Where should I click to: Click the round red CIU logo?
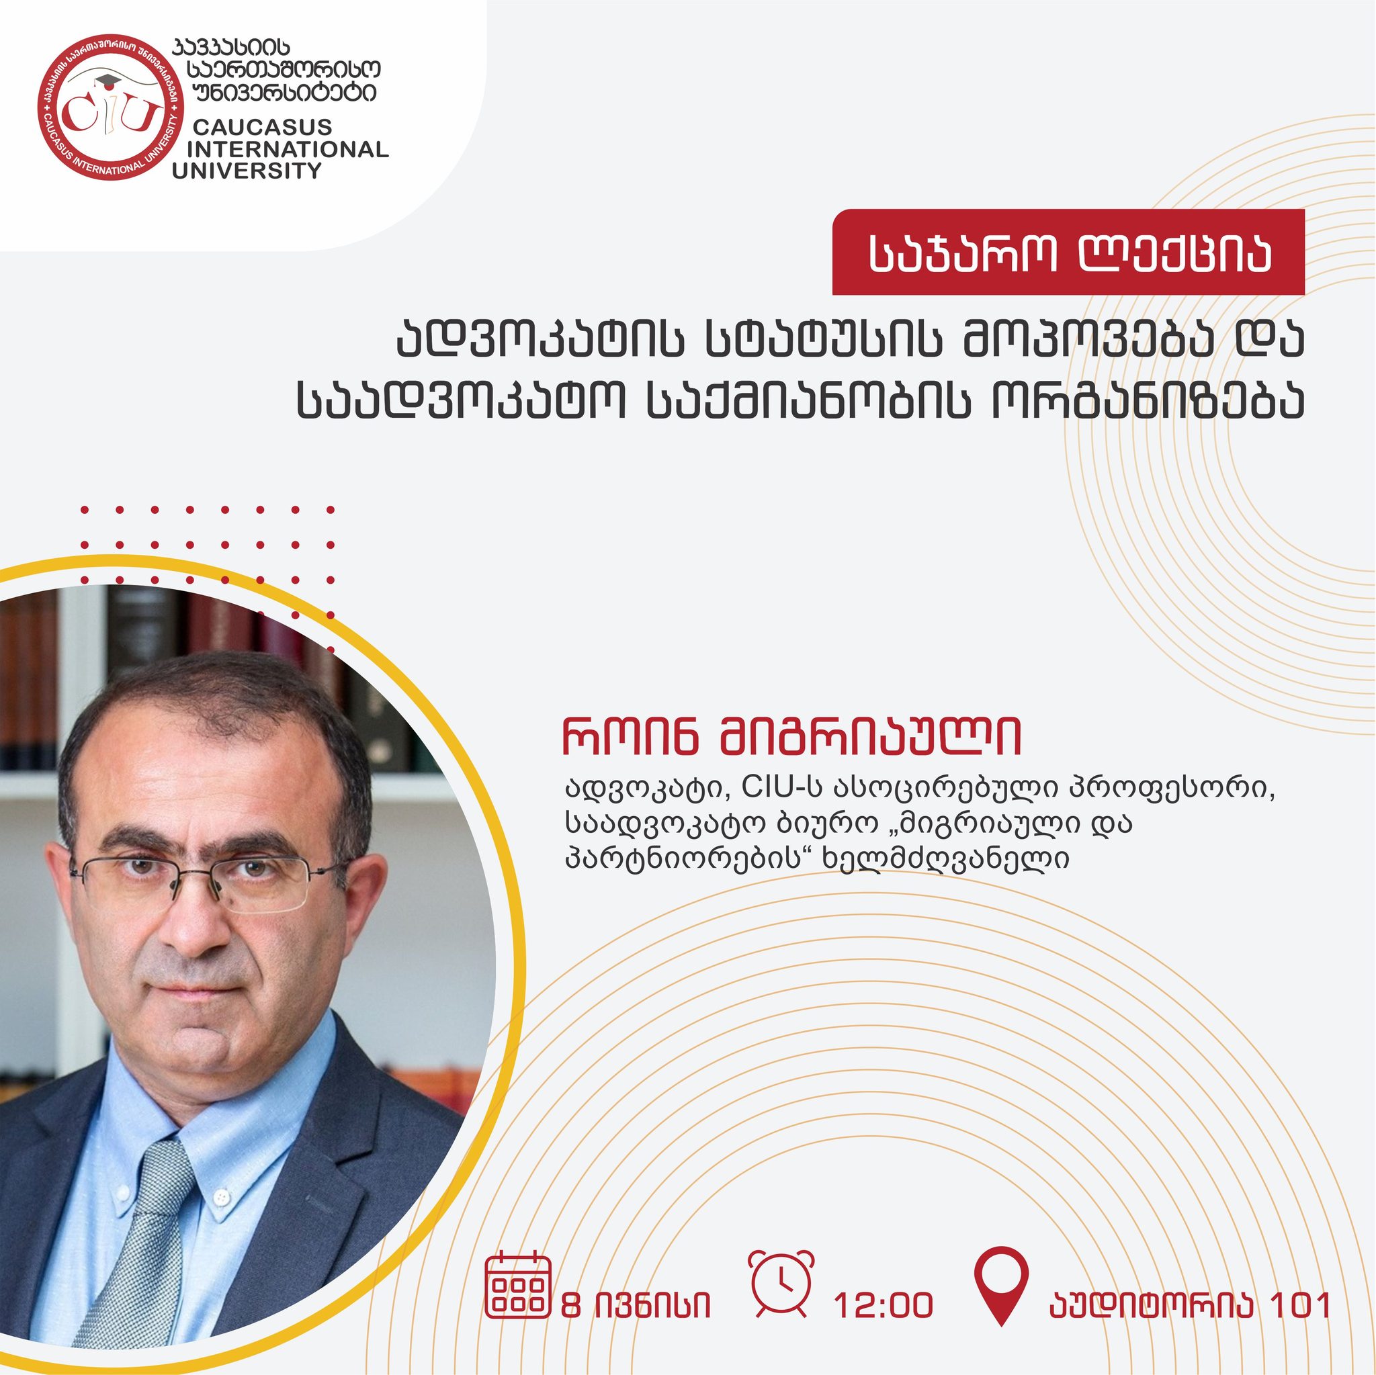110,107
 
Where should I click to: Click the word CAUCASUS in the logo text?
262,127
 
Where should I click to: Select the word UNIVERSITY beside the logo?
247,171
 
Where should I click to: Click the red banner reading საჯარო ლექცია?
1068,252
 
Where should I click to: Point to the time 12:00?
883,1306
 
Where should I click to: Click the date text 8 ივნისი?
636,1306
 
